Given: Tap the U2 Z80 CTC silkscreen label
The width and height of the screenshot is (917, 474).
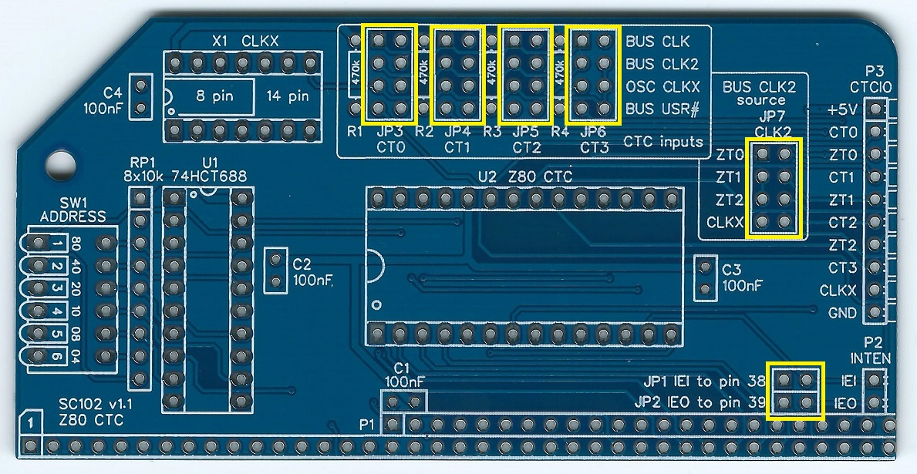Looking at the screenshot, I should click(x=525, y=176).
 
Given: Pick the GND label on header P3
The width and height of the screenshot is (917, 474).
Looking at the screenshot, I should click(x=842, y=314).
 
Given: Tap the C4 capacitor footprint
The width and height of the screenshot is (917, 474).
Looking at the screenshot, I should click(x=140, y=97).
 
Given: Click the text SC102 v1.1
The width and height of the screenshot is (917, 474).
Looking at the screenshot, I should click(x=90, y=405).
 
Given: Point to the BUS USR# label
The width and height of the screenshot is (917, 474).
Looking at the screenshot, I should click(x=662, y=109).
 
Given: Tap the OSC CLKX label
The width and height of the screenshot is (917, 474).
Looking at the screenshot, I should click(x=662, y=86).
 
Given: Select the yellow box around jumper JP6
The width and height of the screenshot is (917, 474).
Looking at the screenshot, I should click(x=593, y=74).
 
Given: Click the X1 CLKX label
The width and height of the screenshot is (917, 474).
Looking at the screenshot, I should click(x=244, y=41).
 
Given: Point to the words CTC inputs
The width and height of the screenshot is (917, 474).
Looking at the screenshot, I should click(x=662, y=142).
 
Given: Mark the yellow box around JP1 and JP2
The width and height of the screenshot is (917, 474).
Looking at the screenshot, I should click(x=795, y=391).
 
